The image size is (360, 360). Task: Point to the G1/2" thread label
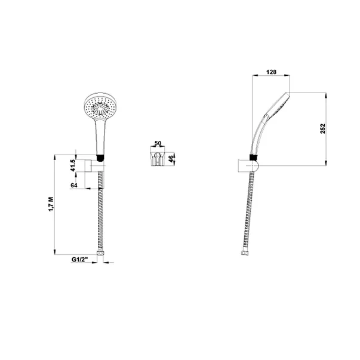pyautogui.click(x=81, y=260)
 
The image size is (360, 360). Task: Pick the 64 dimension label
pyautogui.click(x=75, y=185)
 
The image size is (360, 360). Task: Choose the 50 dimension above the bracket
pyautogui.click(x=158, y=144)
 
